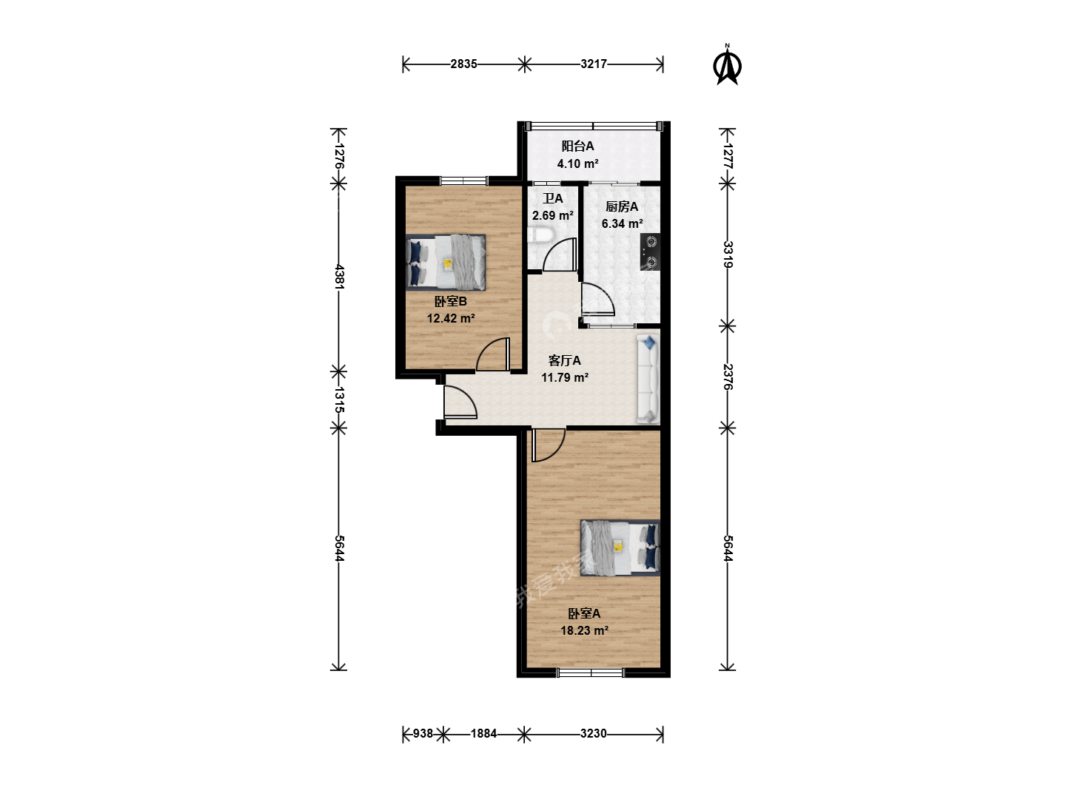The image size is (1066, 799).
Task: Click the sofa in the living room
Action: tap(648, 378)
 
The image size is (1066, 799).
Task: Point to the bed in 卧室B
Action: tap(446, 263)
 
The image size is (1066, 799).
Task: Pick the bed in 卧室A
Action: tap(620, 547)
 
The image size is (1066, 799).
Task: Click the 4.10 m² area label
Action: tap(577, 164)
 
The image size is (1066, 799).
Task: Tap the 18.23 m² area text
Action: tap(584, 630)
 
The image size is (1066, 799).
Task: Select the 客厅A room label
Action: tap(564, 360)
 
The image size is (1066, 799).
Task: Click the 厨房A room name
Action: tap(622, 206)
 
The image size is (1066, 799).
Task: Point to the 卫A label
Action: tap(553, 198)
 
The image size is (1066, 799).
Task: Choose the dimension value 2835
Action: tap(463, 64)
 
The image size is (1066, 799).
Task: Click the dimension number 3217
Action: tap(594, 64)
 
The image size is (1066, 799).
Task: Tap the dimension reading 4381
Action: tap(339, 277)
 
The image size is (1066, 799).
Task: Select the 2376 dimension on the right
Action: tap(727, 377)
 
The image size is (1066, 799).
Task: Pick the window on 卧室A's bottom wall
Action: tap(590, 672)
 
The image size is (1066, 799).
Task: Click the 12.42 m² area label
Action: tap(451, 319)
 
